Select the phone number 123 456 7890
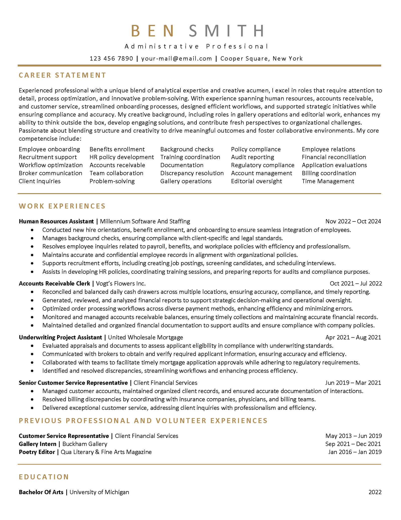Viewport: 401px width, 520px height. [x=111, y=59]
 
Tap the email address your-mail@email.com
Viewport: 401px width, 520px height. [x=176, y=59]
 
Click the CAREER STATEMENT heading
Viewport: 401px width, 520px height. [x=62, y=75]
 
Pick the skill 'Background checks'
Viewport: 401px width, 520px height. [x=187, y=149]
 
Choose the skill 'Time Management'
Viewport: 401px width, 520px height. [x=328, y=181]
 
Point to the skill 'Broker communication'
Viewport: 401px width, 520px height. [x=50, y=173]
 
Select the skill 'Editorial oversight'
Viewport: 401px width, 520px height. [x=256, y=181]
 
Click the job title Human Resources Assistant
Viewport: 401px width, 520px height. [x=56, y=221]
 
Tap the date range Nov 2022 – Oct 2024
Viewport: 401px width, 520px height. [x=353, y=221]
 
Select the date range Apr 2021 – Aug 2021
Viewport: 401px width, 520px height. [x=353, y=337]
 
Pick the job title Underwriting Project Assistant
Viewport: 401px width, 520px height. [x=60, y=337]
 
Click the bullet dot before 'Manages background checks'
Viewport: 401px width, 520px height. [x=32, y=238]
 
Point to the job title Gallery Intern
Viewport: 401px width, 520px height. [x=38, y=444]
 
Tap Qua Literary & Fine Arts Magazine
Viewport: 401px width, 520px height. [x=106, y=452]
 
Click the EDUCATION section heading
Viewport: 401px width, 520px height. [x=44, y=477]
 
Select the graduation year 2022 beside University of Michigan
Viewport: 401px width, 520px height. [x=375, y=492]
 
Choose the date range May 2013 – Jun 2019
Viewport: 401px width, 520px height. [x=353, y=436]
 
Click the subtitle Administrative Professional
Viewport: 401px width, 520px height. [x=196, y=46]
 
